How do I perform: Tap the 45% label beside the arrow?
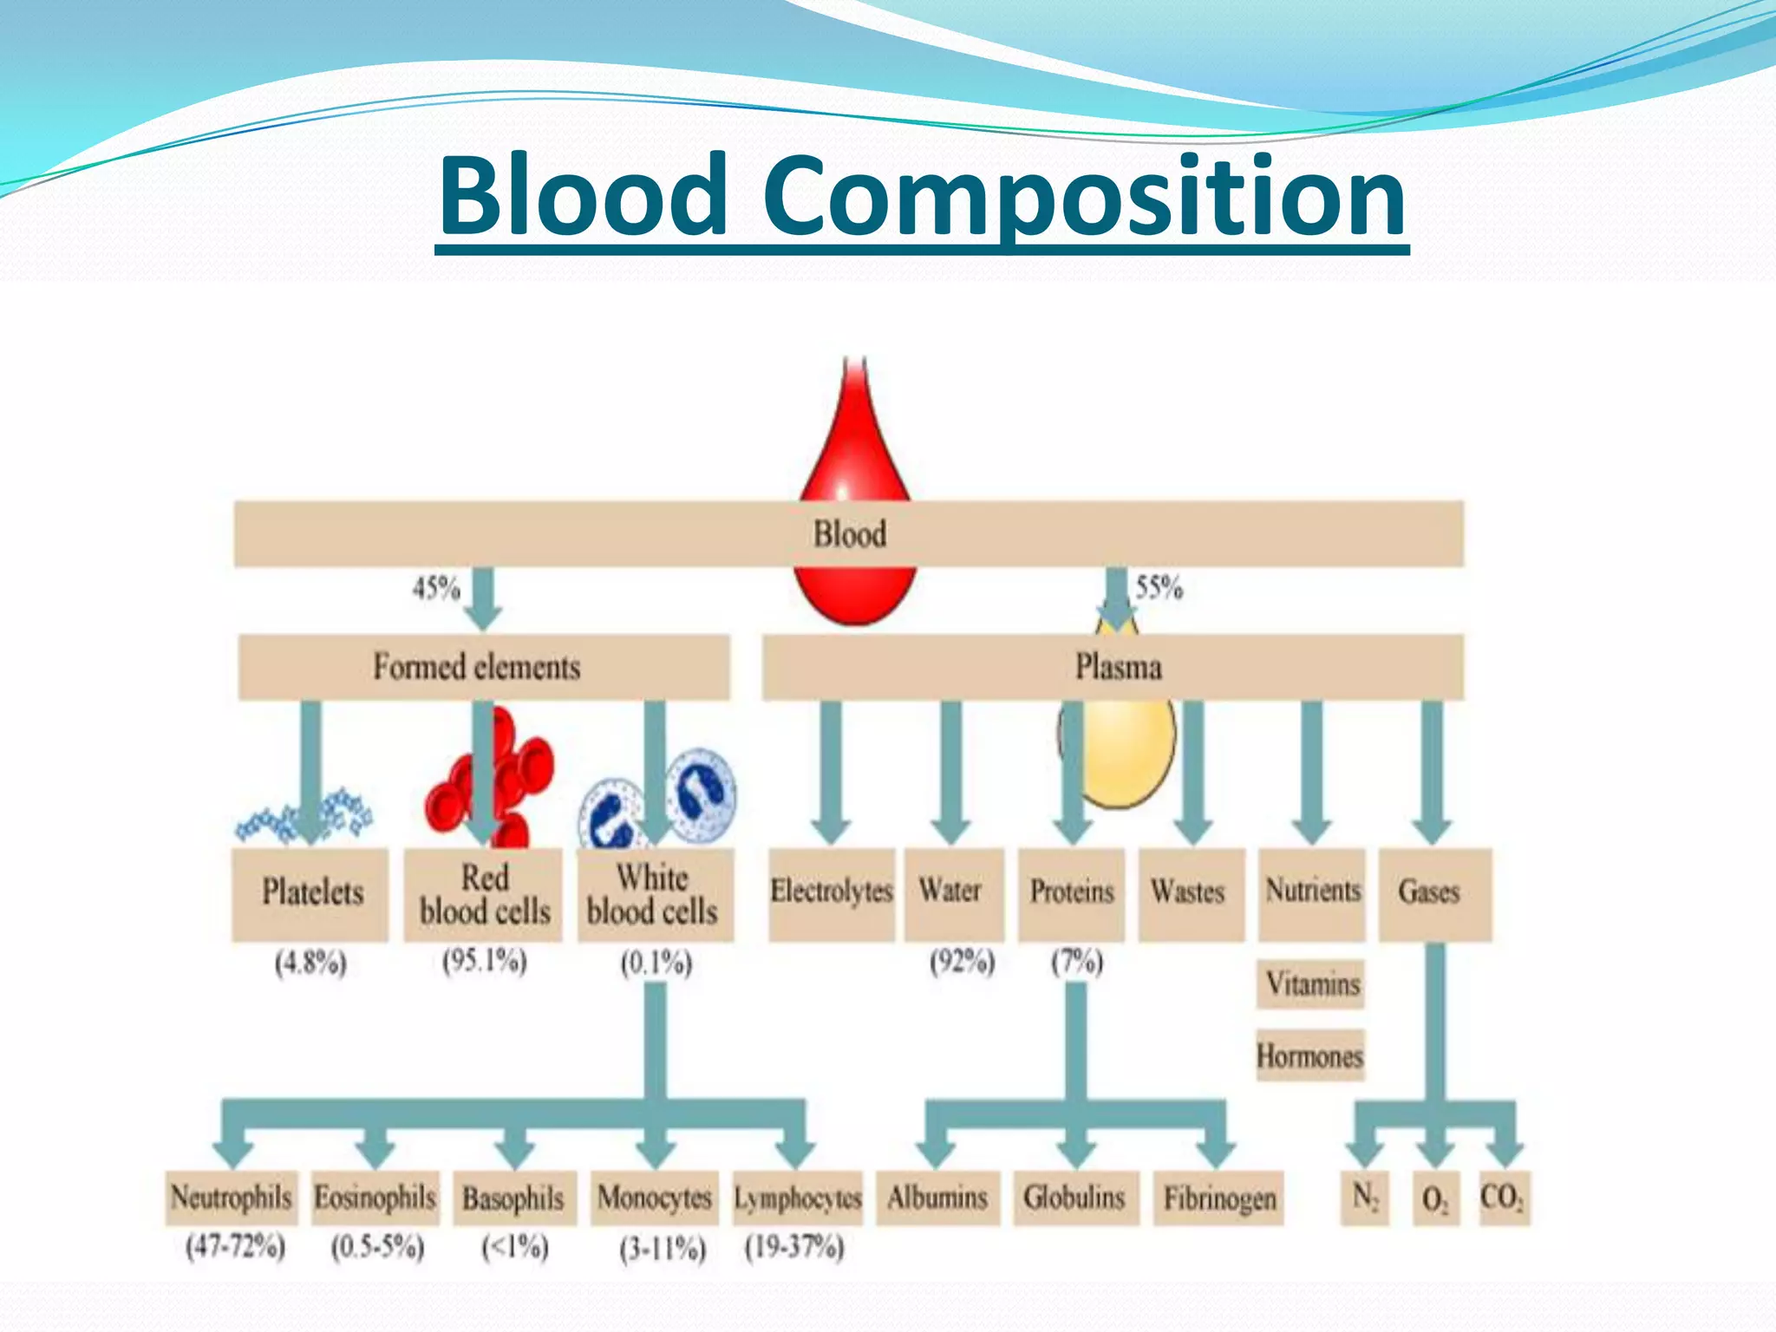pos(435,588)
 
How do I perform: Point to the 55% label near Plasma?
pos(1159,588)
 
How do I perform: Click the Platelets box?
pos(310,893)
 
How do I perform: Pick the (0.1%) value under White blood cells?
pos(656,963)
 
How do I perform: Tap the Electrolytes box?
pos(831,893)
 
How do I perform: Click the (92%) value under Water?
pos(962,962)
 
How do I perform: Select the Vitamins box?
pos(1311,984)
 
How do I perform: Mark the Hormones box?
pos(1309,1055)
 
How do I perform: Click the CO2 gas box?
pos(1504,1198)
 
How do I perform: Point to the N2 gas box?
pos(1364,1198)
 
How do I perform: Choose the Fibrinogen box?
pos(1218,1198)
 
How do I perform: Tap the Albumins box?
pos(937,1198)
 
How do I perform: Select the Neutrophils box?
pos(231,1198)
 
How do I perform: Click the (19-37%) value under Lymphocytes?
pos(793,1248)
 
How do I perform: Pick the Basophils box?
pos(513,1198)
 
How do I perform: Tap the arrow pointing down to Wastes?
pos(1193,772)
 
